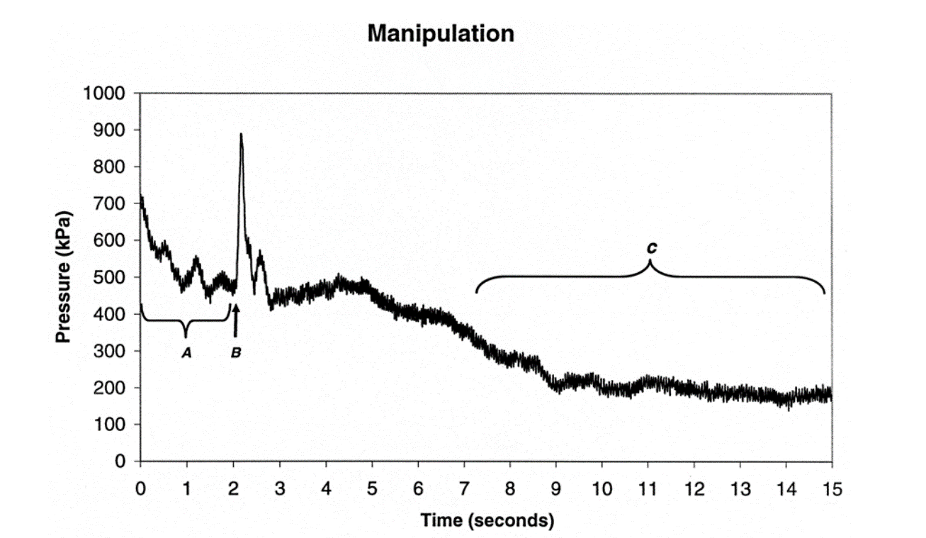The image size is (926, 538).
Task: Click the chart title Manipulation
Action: coord(441,33)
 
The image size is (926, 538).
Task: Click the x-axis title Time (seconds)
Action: coord(486,520)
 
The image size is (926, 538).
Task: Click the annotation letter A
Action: coord(186,352)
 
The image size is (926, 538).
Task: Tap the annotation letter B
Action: coord(236,352)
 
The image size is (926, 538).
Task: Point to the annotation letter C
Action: coord(651,249)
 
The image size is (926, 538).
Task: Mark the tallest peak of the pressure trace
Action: coord(242,135)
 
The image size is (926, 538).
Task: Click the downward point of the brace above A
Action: coord(186,335)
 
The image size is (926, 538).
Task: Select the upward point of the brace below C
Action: coord(650,262)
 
